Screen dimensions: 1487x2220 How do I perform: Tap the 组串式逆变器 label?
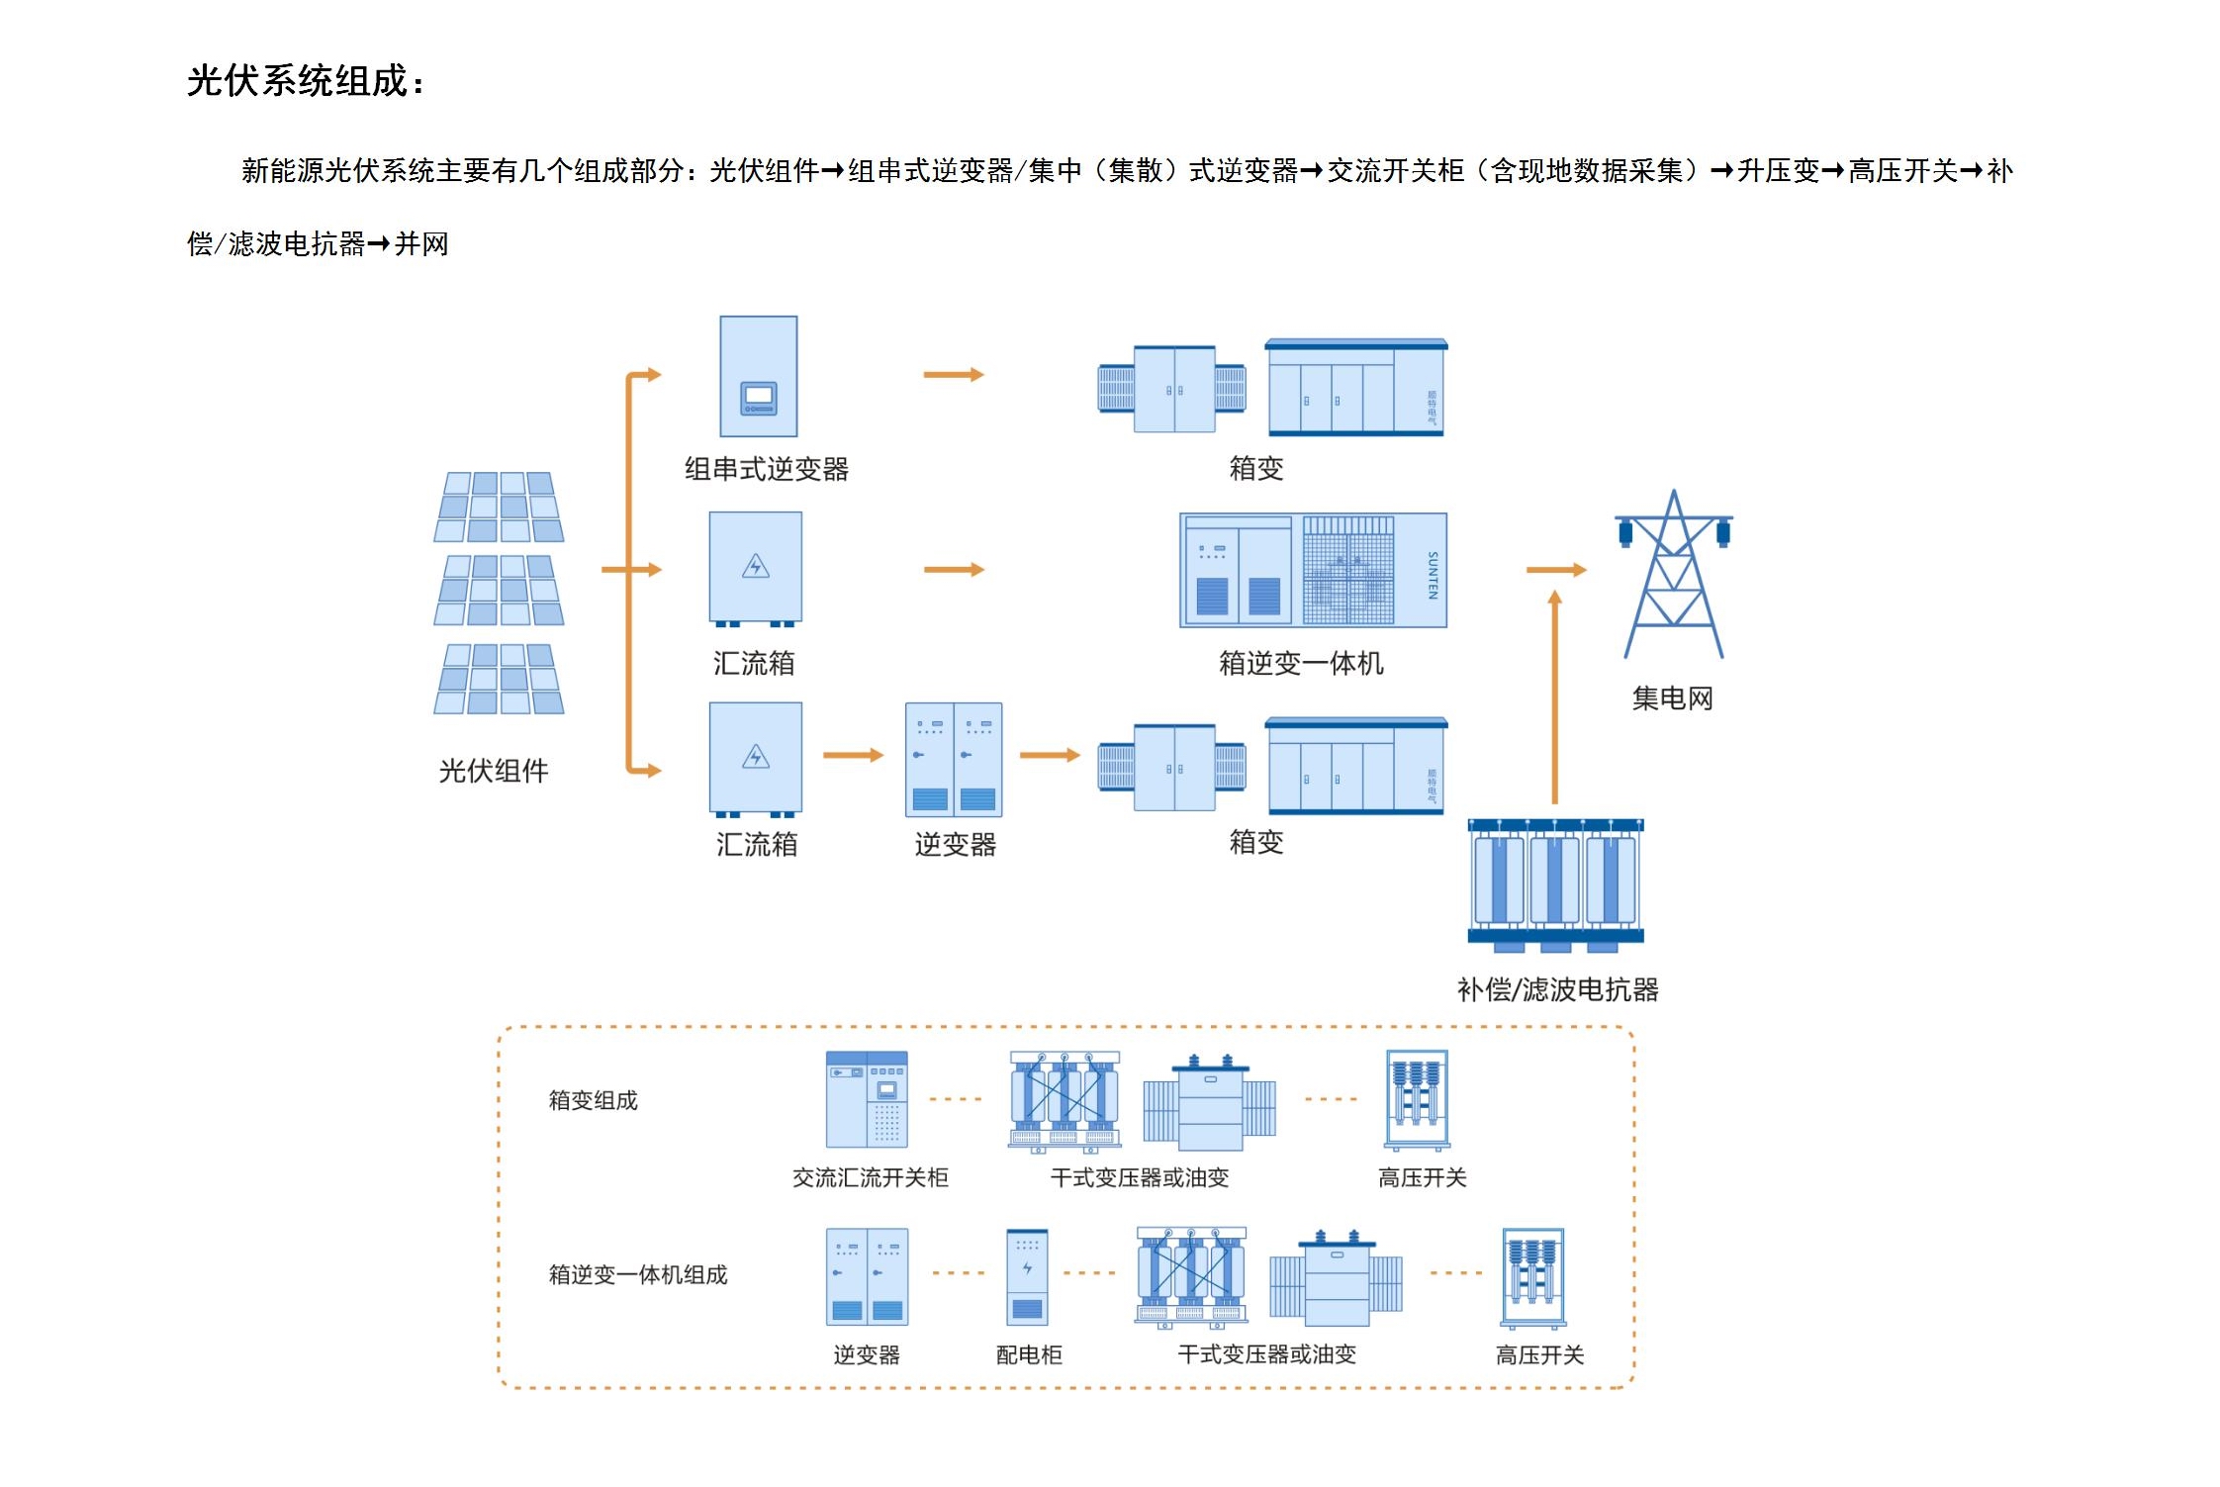pyautogui.click(x=766, y=469)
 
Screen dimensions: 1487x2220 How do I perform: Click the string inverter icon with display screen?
pyautogui.click(x=759, y=376)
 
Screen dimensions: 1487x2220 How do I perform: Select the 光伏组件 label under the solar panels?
pyautogui.click(x=493, y=771)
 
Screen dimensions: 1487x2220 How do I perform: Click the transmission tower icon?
pyautogui.click(x=1674, y=574)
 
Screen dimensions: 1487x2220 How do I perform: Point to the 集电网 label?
pyautogui.click(x=1672, y=698)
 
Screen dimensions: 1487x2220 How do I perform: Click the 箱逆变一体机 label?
pyautogui.click(x=1300, y=663)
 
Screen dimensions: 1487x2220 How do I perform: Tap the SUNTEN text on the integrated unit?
pyautogui.click(x=1432, y=575)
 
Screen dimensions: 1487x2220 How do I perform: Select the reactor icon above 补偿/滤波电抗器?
pyautogui.click(x=1555, y=884)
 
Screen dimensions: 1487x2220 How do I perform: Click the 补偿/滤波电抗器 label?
pyautogui.click(x=1557, y=989)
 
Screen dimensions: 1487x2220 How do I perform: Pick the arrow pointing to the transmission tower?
pyautogui.click(x=1555, y=570)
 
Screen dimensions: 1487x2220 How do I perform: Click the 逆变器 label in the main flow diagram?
pyautogui.click(x=955, y=845)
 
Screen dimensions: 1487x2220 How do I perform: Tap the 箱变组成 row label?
pyautogui.click(x=594, y=1100)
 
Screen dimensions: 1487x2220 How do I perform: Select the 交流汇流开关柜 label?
pyautogui.click(x=870, y=1177)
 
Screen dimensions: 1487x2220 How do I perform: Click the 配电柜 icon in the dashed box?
pyautogui.click(x=1027, y=1276)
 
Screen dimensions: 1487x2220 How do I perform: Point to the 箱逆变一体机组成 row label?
pyautogui.click(x=638, y=1274)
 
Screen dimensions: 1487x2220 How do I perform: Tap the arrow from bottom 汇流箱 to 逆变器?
pyautogui.click(x=853, y=756)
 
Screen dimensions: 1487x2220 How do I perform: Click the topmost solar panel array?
pyautogui.click(x=499, y=507)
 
